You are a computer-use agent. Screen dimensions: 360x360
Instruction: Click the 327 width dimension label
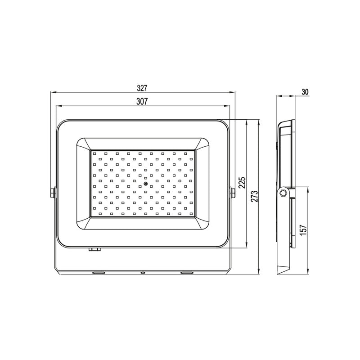tap(142, 88)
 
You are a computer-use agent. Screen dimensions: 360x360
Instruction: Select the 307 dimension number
tap(142, 102)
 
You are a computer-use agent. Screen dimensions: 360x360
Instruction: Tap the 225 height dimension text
tap(242, 183)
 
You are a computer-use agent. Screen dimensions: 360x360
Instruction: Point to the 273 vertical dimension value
tap(254, 196)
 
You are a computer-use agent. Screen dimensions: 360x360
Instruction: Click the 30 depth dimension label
tap(305, 92)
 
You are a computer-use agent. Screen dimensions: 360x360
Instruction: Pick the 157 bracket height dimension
tap(303, 229)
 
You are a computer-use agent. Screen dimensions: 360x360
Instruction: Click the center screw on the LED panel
tap(145, 183)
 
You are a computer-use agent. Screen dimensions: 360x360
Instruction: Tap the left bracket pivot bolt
tap(53, 193)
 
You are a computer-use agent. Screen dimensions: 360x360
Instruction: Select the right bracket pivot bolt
tap(233, 193)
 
